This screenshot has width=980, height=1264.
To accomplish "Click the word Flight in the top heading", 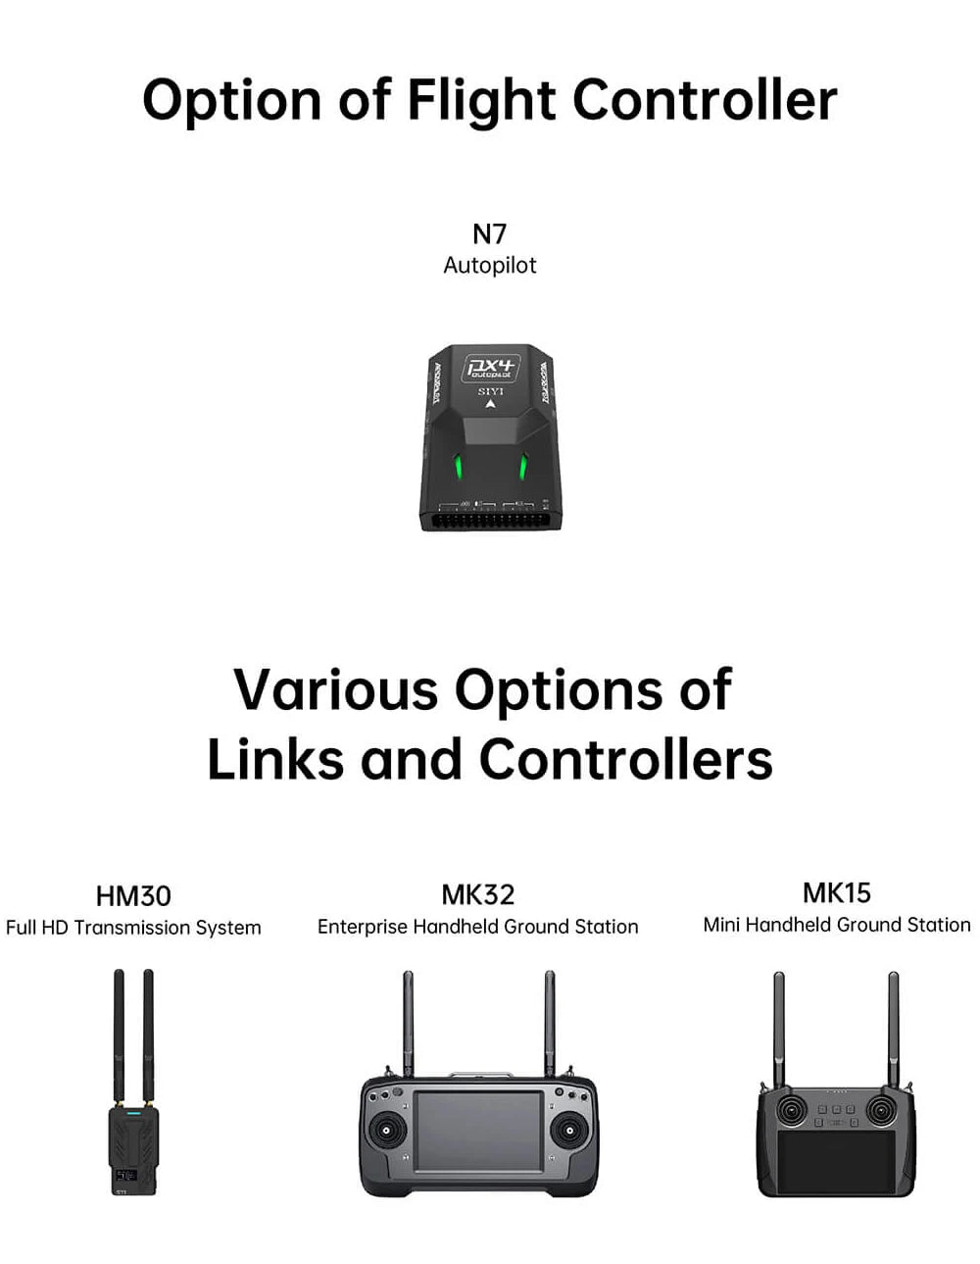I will coord(481,101).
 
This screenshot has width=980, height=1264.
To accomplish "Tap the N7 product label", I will coord(489,233).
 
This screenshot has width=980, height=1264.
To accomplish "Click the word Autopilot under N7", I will coord(489,265).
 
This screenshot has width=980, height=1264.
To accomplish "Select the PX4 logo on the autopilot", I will coord(492,368).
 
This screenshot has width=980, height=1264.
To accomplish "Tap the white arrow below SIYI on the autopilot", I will coord(490,403).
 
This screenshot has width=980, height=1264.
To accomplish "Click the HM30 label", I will coord(133,895).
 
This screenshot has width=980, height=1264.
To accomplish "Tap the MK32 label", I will coord(477,894).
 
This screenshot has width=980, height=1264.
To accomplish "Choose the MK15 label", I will coord(836,892).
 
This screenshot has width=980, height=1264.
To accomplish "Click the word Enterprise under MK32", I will coord(362,927).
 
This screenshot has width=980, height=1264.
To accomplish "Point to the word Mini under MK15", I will coord(721,925).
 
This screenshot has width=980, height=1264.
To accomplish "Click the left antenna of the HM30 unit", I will coord(120,1035).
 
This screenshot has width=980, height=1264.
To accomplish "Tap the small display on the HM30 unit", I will coord(124,1174).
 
